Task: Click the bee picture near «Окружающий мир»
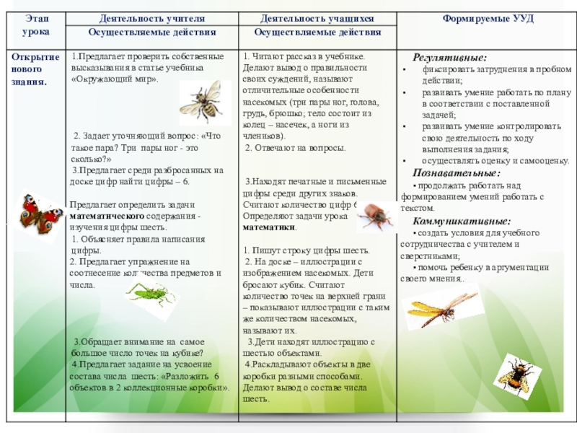200,101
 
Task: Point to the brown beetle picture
374,214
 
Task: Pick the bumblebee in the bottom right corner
517,372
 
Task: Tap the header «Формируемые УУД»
488,17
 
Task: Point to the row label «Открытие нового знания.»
30,69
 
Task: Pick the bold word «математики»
269,226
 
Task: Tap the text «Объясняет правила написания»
138,239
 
